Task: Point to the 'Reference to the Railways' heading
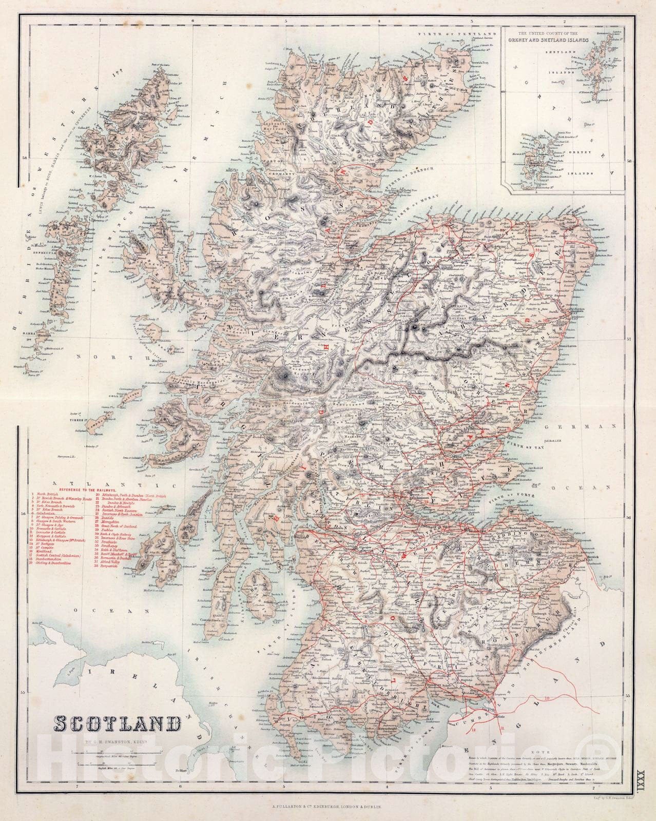point(87,490)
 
